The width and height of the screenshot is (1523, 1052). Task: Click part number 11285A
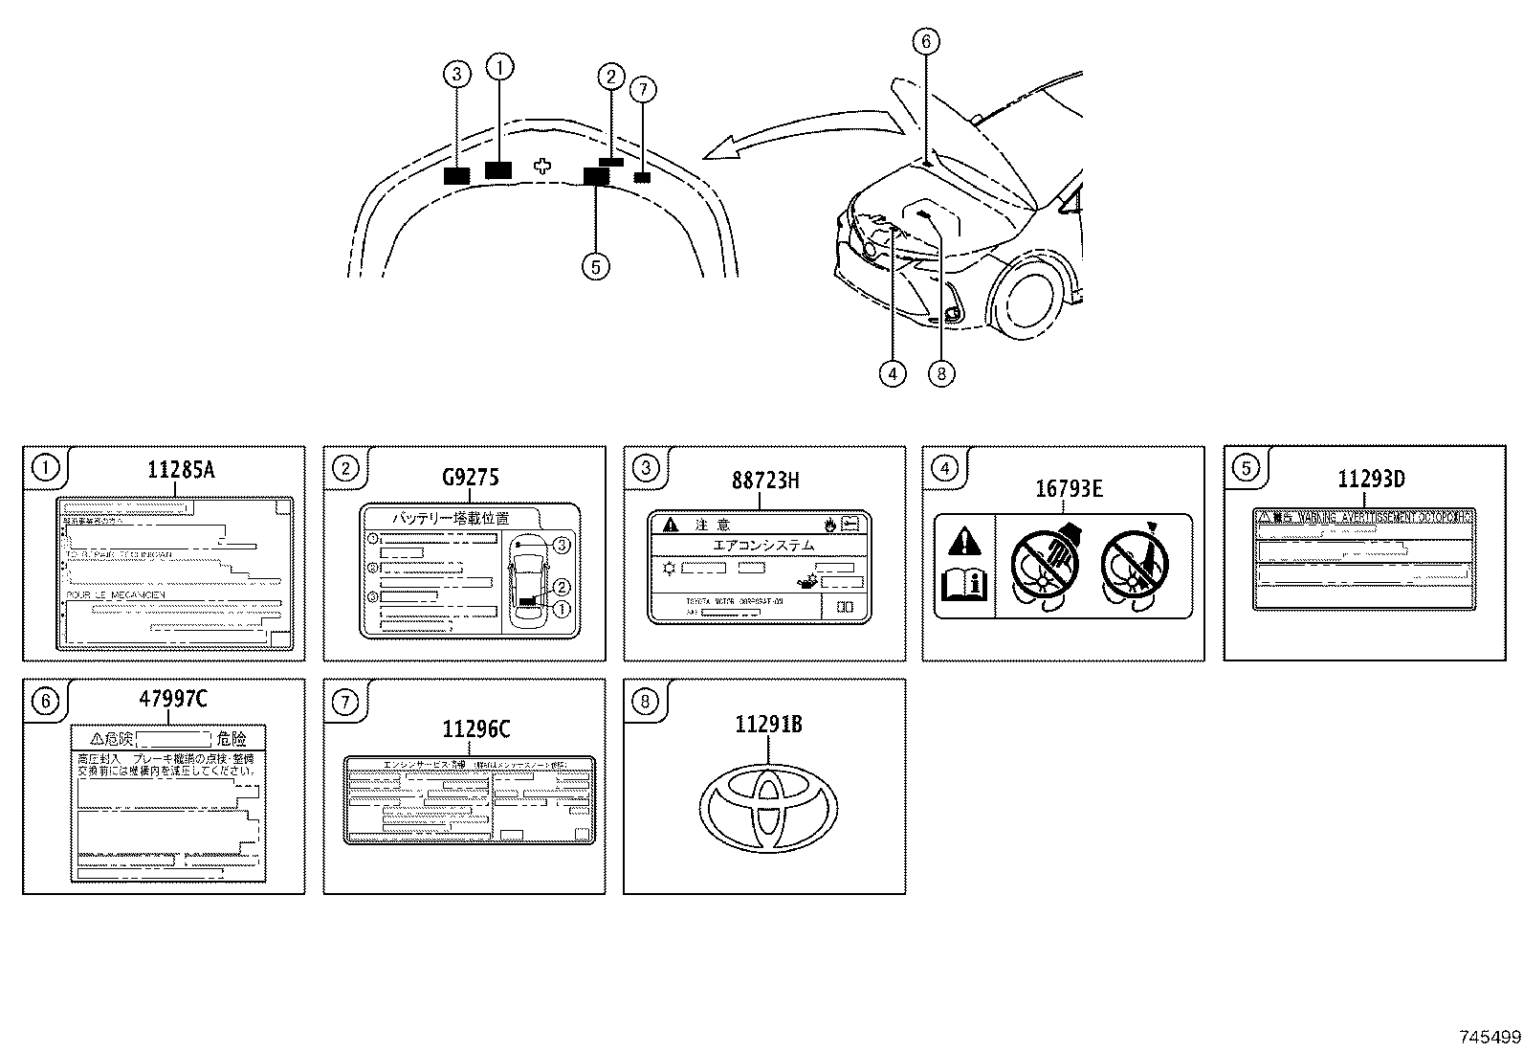pos(181,470)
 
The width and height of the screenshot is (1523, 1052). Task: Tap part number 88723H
pos(765,480)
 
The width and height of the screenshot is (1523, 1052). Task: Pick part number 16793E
pos(1069,489)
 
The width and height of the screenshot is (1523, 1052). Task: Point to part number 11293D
pos(1370,480)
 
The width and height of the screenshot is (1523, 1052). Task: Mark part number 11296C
pos(475,729)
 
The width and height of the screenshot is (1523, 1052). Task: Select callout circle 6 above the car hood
pos(925,41)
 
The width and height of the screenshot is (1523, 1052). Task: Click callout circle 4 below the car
pos(892,373)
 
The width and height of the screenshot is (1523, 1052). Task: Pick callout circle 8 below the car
pos(940,373)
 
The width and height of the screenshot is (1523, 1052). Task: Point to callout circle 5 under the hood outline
pos(595,266)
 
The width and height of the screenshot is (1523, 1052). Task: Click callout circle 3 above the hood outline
pos(456,73)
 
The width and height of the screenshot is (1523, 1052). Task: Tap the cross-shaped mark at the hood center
pos(542,166)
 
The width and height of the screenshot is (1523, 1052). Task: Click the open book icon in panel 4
pos(965,583)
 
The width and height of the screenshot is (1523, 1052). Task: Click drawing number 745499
pos(1489,1037)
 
